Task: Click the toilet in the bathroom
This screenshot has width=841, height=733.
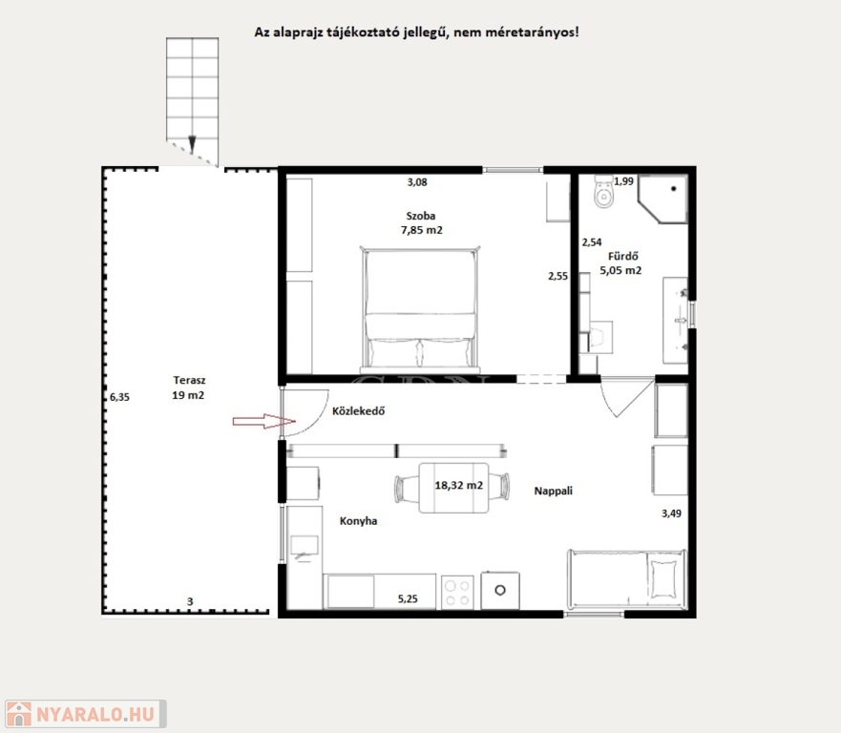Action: click(x=604, y=192)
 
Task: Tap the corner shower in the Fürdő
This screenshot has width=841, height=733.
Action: click(x=662, y=199)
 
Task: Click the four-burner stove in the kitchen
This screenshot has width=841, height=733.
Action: click(x=457, y=592)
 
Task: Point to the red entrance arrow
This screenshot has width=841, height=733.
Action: click(x=263, y=422)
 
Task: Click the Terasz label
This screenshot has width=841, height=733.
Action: click(x=189, y=380)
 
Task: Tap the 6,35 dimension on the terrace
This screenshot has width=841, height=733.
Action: click(x=119, y=397)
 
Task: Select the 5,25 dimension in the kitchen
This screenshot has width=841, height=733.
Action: click(x=408, y=599)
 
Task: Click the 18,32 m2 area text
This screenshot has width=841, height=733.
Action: click(x=458, y=485)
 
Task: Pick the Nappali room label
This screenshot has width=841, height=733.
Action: click(x=553, y=491)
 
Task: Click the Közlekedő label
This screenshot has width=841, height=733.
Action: click(x=358, y=411)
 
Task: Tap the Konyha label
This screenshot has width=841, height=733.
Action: click(x=358, y=521)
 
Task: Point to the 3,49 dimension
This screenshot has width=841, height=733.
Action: click(x=671, y=513)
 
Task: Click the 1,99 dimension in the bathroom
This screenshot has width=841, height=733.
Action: click(x=623, y=181)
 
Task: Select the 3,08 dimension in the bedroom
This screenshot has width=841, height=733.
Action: click(x=417, y=182)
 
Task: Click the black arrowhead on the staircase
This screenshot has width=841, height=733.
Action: click(x=192, y=144)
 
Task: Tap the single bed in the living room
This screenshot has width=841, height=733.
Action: click(x=627, y=579)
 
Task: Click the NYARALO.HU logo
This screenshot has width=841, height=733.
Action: click(x=86, y=714)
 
